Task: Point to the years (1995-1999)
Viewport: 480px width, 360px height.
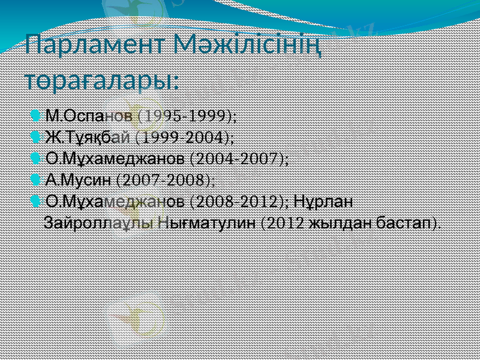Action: tap(187, 115)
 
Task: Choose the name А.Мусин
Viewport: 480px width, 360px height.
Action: tap(79, 179)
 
